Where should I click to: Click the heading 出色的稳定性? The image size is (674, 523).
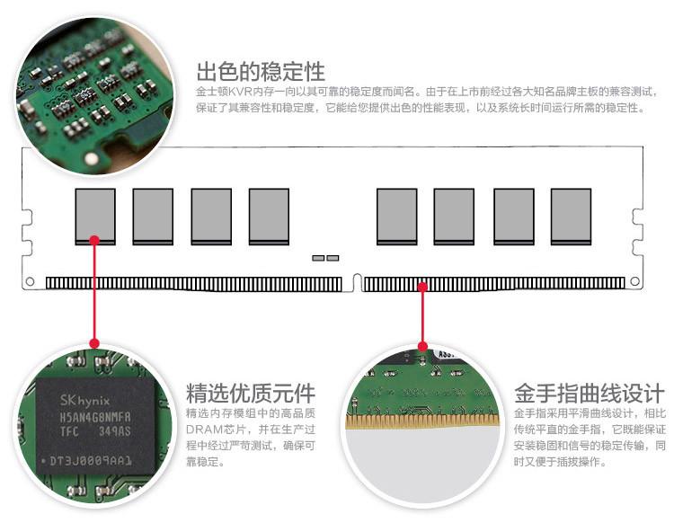point(260,71)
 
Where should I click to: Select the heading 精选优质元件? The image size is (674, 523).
point(250,393)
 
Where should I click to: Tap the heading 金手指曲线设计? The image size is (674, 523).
point(589,393)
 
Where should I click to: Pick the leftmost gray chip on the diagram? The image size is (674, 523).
point(94,215)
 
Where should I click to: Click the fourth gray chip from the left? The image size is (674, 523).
point(269,215)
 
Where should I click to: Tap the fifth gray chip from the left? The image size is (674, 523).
point(396,215)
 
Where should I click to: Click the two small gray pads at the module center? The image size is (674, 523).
point(325,258)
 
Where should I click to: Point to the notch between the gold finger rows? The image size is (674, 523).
point(353,283)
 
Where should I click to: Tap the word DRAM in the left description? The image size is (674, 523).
point(202,429)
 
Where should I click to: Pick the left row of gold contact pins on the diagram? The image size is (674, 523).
point(194,284)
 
